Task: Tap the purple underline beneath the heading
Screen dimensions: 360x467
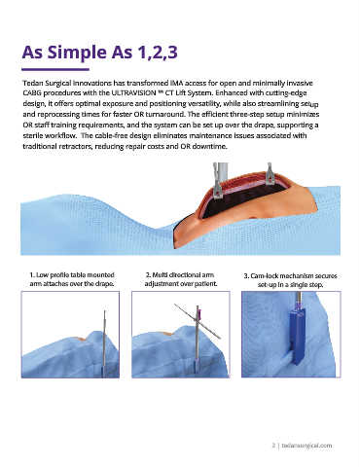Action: pyautogui.click(x=55, y=69)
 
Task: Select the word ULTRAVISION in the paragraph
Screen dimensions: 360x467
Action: pyautogui.click(x=133, y=92)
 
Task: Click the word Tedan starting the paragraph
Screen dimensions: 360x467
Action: pyautogui.click(x=32, y=83)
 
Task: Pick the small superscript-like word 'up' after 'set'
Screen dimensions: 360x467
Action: pyautogui.click(x=314, y=105)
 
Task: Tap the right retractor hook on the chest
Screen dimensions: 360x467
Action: pyautogui.click(x=270, y=174)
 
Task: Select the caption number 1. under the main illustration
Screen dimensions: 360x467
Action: pyautogui.click(x=32, y=275)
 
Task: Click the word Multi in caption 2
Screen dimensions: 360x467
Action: pyautogui.click(x=158, y=275)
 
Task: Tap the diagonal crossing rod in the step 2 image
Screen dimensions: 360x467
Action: pyautogui.click(x=198, y=321)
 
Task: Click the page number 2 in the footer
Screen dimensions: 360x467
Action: pyautogui.click(x=273, y=446)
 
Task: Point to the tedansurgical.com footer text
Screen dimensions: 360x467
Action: pyautogui.click(x=306, y=446)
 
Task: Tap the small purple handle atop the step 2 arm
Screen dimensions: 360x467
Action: pyautogui.click(x=200, y=313)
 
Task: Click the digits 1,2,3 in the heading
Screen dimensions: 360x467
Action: pyautogui.click(x=158, y=53)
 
